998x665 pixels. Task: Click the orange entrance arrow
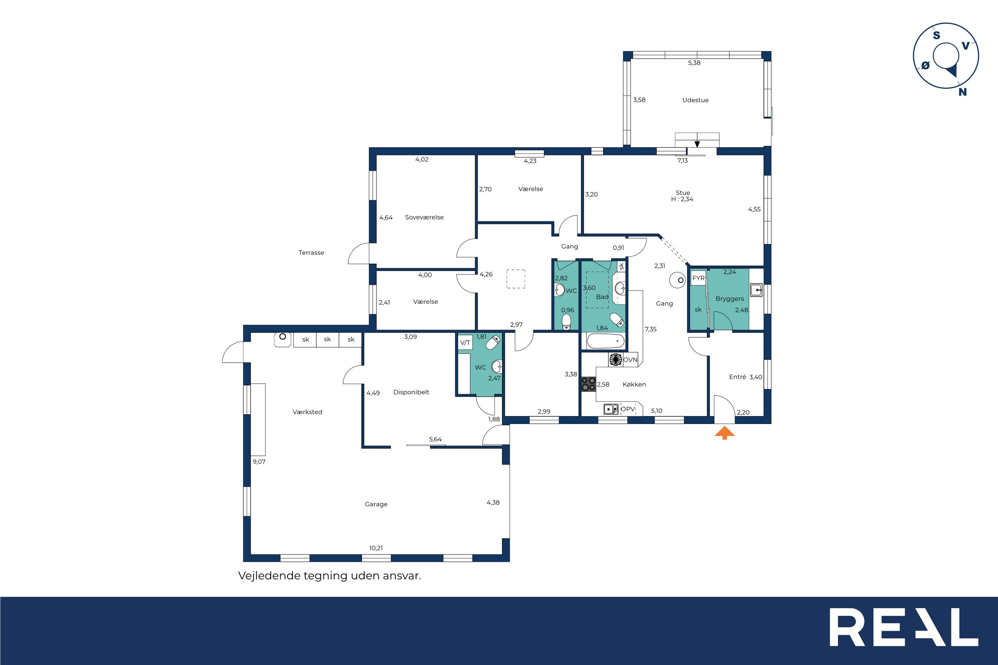(x=724, y=433)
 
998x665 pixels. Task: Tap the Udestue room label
(x=695, y=100)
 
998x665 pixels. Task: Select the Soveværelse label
(x=424, y=217)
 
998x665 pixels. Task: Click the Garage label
(x=376, y=504)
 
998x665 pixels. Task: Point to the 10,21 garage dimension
(x=376, y=548)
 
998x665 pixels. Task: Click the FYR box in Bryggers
(x=698, y=278)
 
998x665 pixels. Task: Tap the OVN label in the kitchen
(x=630, y=360)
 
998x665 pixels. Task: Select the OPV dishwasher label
(x=628, y=409)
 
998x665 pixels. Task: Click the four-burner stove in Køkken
(x=588, y=384)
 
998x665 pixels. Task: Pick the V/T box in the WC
(x=465, y=343)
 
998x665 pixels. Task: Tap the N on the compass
(x=963, y=92)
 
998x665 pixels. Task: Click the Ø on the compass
(x=925, y=65)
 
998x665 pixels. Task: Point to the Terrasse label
(x=311, y=253)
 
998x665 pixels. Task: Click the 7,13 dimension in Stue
(x=682, y=161)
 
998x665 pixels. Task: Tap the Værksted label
(x=307, y=412)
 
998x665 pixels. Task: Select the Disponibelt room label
(x=411, y=392)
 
